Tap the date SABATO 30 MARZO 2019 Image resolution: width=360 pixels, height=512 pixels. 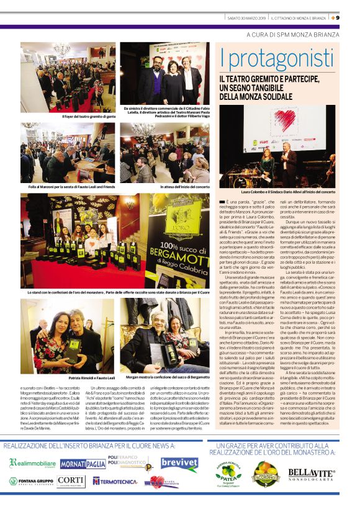click(x=246, y=17)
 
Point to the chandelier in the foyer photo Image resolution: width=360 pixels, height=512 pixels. click(x=61, y=50)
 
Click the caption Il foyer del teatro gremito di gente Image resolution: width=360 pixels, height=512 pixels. click(x=89, y=116)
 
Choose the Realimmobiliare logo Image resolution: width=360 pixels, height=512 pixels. click(x=32, y=463)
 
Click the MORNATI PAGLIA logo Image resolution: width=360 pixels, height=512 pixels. click(x=83, y=464)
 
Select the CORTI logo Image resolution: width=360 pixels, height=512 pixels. click(x=71, y=481)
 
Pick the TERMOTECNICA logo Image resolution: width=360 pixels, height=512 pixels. click(x=115, y=482)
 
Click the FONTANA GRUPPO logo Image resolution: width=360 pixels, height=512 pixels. click(x=31, y=481)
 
